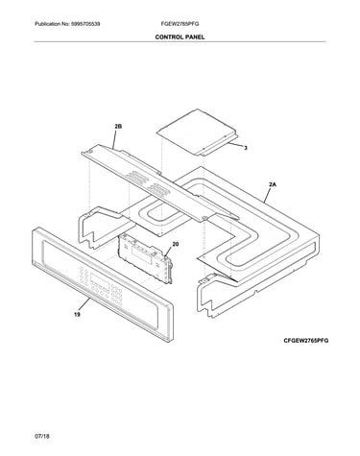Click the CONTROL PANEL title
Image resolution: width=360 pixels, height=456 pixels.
tap(180, 37)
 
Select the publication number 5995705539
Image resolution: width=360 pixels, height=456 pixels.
tap(85, 24)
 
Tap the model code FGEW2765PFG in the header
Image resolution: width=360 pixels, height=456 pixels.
tap(180, 24)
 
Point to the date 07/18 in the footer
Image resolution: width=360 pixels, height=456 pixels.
tap(42, 436)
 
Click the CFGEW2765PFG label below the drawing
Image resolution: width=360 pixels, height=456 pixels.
tap(306, 341)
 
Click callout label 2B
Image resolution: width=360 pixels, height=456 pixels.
tap(118, 127)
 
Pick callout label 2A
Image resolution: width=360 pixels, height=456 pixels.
tap(273, 184)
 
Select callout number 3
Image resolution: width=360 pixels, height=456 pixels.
tap(246, 148)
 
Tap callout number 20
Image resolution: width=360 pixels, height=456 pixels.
tap(176, 245)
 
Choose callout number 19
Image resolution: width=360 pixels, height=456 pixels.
tap(77, 315)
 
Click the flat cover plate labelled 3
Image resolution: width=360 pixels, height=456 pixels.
tap(197, 132)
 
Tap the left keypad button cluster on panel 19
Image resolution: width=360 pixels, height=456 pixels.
tap(84, 276)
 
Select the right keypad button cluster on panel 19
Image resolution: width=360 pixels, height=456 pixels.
tap(117, 295)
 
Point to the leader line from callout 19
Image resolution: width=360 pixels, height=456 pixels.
tap(84, 304)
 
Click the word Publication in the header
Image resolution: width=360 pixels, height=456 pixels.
tap(46, 24)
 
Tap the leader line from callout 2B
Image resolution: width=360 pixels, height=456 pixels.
tap(116, 139)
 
